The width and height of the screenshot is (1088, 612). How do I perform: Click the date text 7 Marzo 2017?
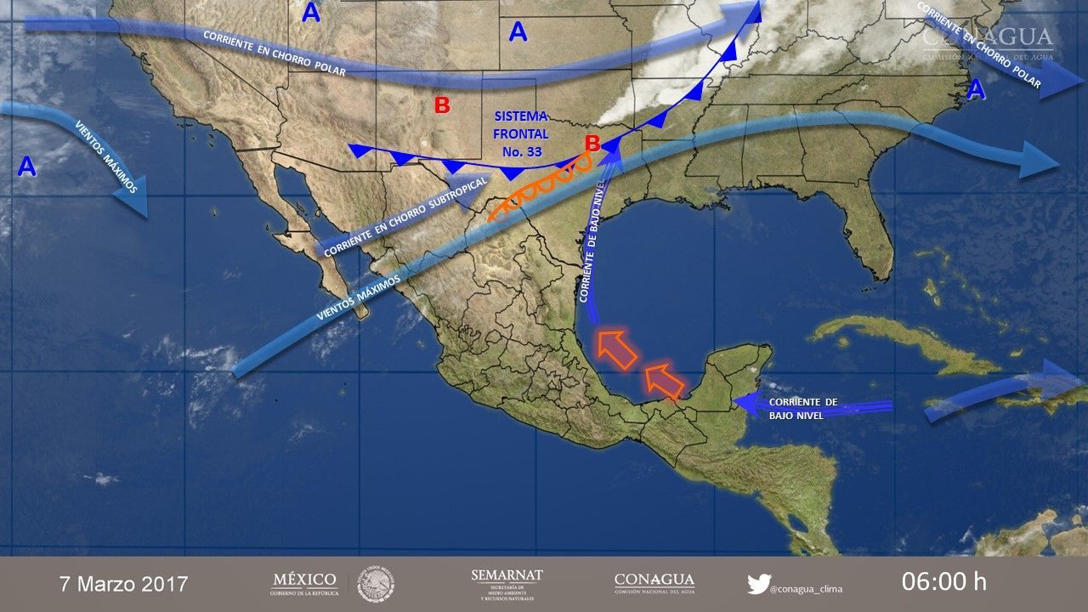coord(123,584)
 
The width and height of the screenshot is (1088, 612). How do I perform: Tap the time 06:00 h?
coord(944,582)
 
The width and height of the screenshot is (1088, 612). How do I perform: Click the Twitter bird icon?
coord(758,584)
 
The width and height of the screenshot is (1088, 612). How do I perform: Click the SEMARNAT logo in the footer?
coord(507,584)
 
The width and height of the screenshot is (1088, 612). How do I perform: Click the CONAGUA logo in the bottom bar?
coord(654,583)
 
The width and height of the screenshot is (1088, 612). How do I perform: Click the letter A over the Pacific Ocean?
coord(27,166)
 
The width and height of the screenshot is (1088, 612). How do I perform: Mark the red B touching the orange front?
coord(592,142)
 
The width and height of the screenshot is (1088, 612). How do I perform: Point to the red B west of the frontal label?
coord(442,105)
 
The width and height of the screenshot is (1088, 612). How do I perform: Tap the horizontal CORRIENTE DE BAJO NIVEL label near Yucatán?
coord(802,408)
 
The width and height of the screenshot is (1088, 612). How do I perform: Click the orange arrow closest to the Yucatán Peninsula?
coord(663,380)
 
